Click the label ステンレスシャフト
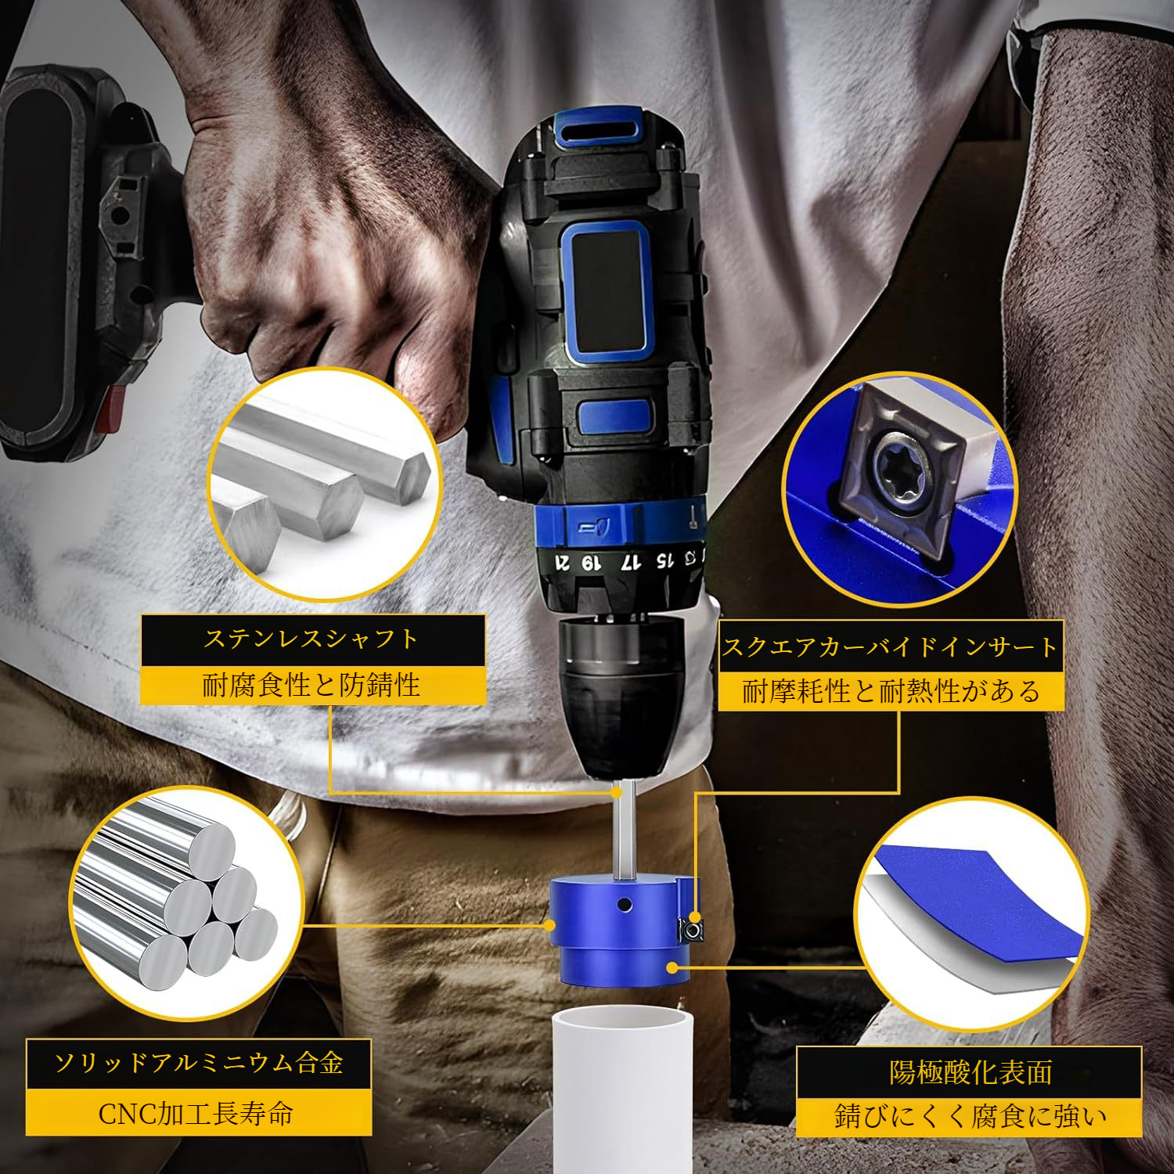coord(312,640)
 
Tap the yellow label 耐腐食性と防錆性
coord(312,686)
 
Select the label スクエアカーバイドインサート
coord(891,647)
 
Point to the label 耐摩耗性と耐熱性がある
coord(891,692)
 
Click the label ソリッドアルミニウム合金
coord(199,1064)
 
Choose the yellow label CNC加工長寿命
coord(199,1112)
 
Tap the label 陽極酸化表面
coord(970,1071)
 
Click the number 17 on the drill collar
coord(631,562)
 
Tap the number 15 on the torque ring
coord(664,560)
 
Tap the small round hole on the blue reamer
coord(624,906)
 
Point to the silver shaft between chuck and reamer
coord(621,830)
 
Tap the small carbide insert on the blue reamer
coord(691,929)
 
